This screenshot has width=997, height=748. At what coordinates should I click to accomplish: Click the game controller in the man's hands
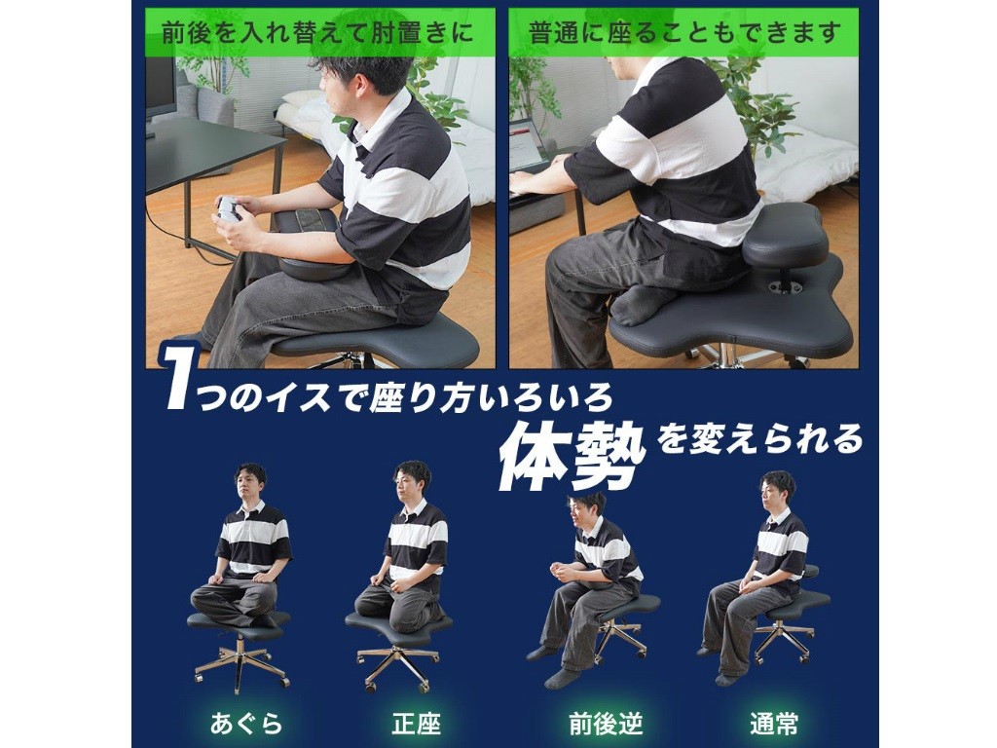[228, 208]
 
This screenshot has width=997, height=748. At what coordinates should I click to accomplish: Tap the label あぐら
[246, 724]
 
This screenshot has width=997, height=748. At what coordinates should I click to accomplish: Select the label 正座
[417, 724]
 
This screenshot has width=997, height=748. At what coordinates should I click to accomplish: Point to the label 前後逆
[606, 724]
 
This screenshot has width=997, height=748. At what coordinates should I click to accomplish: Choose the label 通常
[774, 724]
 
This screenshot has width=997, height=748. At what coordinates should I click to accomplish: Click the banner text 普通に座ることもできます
[684, 33]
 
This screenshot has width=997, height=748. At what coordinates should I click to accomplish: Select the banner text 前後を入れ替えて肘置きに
[318, 33]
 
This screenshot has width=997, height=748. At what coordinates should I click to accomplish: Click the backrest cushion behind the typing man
[785, 236]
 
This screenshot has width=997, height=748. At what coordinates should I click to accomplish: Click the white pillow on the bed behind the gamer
[304, 97]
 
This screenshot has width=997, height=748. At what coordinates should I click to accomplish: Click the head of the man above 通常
[778, 491]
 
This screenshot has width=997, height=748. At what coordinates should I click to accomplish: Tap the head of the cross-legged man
[250, 483]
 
